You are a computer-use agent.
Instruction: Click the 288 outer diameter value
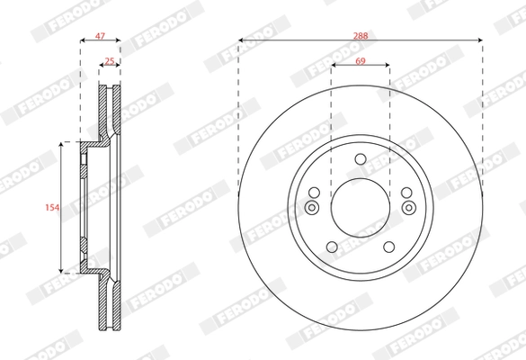(x=361, y=34)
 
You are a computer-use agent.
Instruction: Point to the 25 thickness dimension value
(x=110, y=61)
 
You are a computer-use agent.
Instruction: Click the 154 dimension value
(x=52, y=207)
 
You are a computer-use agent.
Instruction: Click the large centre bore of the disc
(x=360, y=204)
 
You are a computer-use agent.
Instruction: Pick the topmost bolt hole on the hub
(x=360, y=159)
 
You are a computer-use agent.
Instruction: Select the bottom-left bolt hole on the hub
(x=332, y=247)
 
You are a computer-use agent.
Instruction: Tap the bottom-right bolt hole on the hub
(x=388, y=247)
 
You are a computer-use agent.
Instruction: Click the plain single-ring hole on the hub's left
(x=314, y=192)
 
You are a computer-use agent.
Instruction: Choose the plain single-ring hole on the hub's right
(x=406, y=192)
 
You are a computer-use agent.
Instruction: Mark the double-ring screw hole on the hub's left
(x=312, y=209)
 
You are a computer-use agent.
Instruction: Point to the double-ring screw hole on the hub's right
(x=408, y=209)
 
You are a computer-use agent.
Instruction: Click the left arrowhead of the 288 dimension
(x=241, y=41)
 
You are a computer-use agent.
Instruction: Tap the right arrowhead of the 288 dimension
(x=480, y=41)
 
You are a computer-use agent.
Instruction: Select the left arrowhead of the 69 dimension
(x=334, y=66)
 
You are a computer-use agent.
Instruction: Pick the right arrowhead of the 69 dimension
(x=387, y=66)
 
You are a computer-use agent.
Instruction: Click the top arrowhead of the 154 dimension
(x=61, y=144)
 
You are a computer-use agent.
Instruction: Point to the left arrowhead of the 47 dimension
(x=83, y=41)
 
